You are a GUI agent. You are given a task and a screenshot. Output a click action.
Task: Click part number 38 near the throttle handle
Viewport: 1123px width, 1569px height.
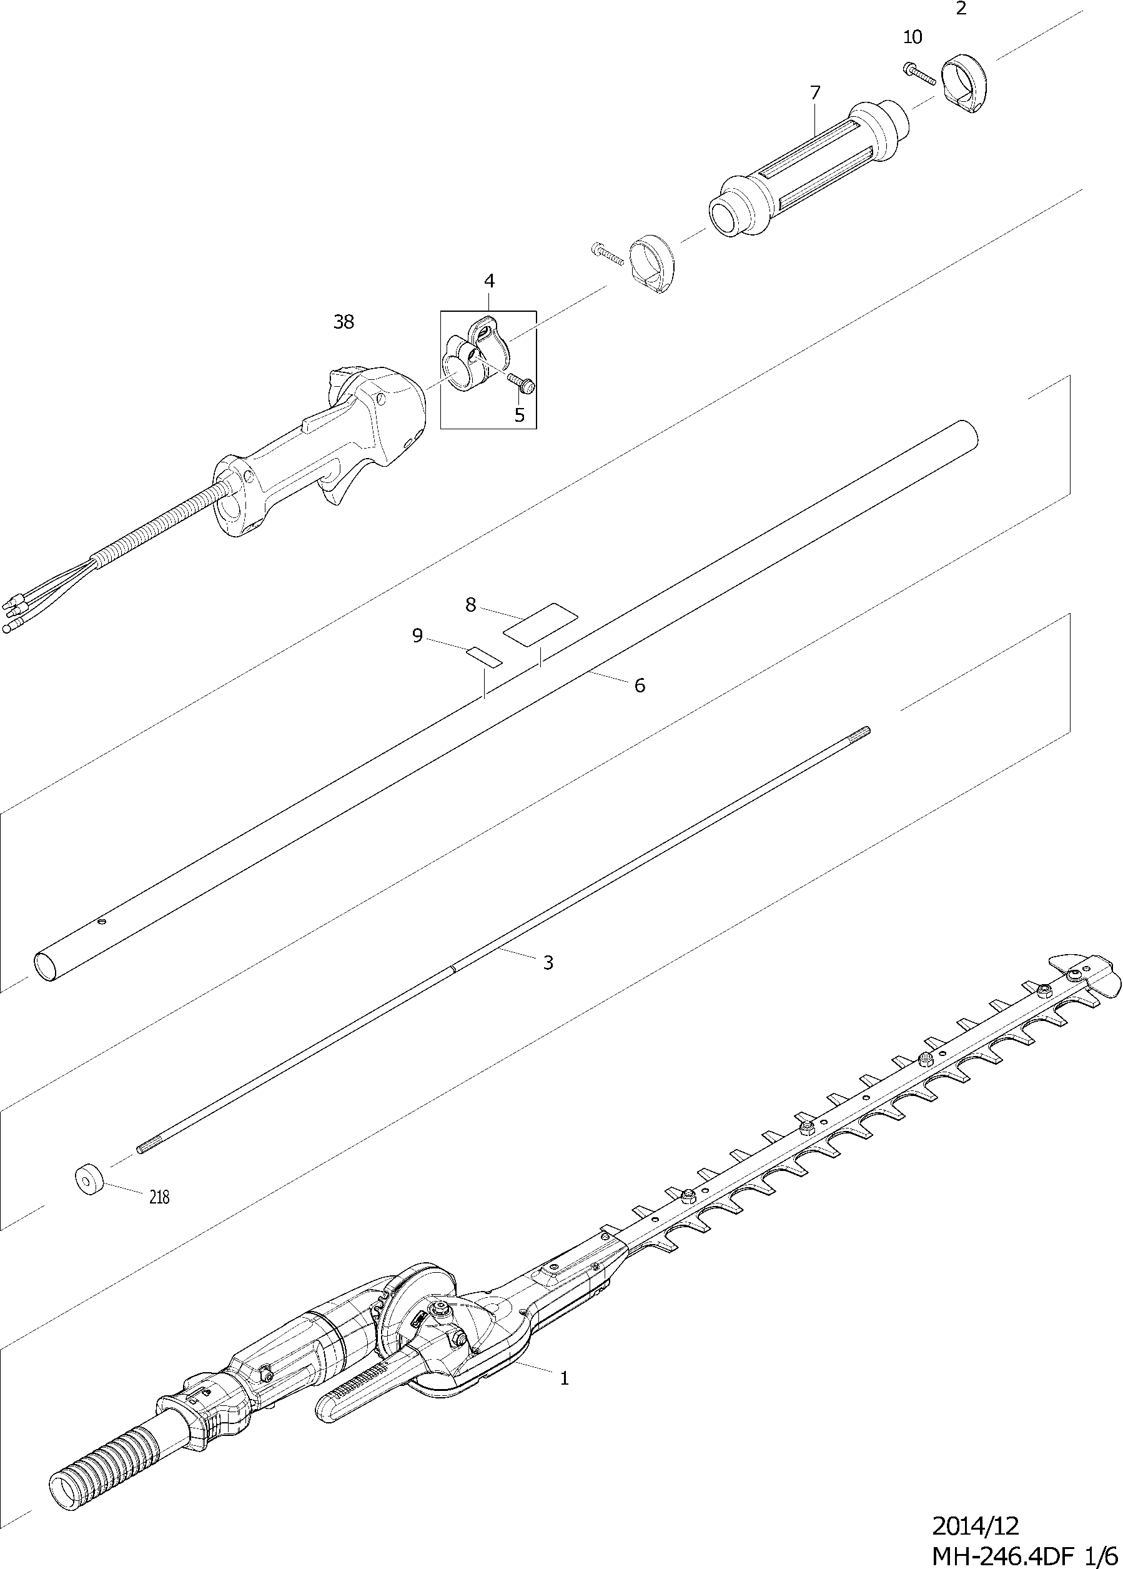tap(344, 322)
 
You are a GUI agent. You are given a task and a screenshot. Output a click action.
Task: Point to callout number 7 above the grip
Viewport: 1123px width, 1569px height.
tap(814, 92)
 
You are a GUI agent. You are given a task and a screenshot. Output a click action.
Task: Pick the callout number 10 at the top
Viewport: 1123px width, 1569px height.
tap(913, 37)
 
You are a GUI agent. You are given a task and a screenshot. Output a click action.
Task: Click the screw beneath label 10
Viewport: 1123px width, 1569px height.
tap(919, 72)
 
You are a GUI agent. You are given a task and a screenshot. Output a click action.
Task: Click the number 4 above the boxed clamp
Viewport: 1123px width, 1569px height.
tap(490, 281)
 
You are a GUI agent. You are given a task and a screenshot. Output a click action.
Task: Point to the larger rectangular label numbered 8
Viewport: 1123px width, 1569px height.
tap(540, 624)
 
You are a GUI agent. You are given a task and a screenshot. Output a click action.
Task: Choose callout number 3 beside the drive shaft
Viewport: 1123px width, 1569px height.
tap(548, 962)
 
